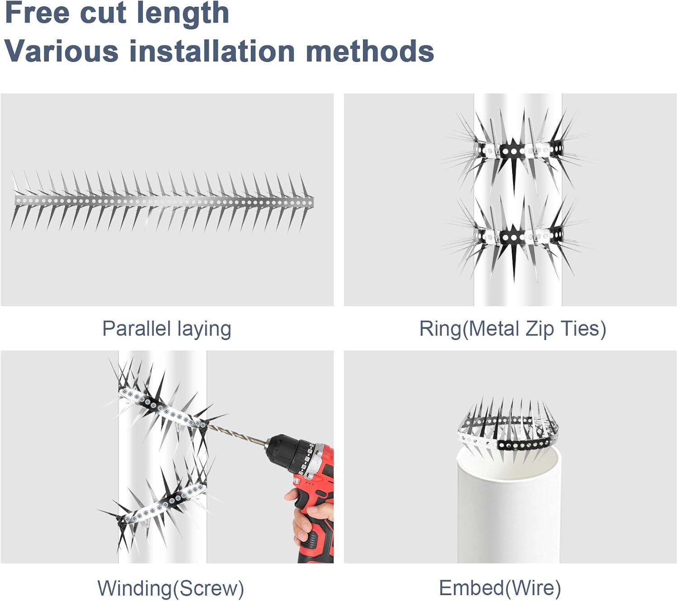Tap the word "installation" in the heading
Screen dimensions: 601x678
pos(212,51)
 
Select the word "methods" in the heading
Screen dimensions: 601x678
pos(370,51)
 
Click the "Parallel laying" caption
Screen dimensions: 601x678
pos(166,329)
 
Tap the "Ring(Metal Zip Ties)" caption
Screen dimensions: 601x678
pos(512,329)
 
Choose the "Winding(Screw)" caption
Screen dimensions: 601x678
pos(170,588)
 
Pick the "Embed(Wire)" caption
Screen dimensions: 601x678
pos(500,588)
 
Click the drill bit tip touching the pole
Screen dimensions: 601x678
pos(208,425)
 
